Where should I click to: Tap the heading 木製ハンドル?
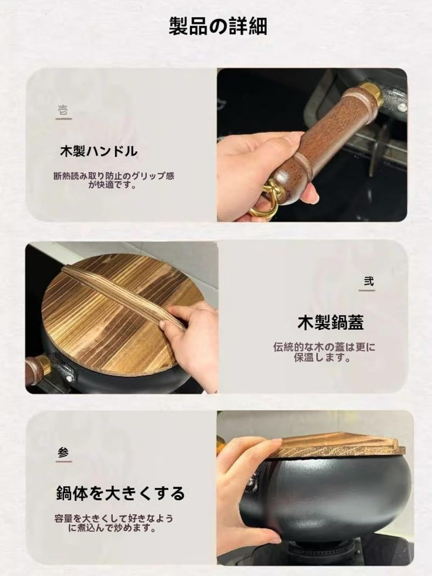point(99,151)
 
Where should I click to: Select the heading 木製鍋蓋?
point(330,323)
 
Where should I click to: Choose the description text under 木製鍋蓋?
point(324,353)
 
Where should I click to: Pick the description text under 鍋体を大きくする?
point(114,522)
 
